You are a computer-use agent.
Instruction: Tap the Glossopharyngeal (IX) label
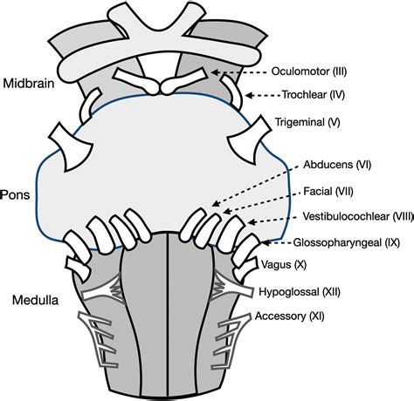[347, 242]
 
